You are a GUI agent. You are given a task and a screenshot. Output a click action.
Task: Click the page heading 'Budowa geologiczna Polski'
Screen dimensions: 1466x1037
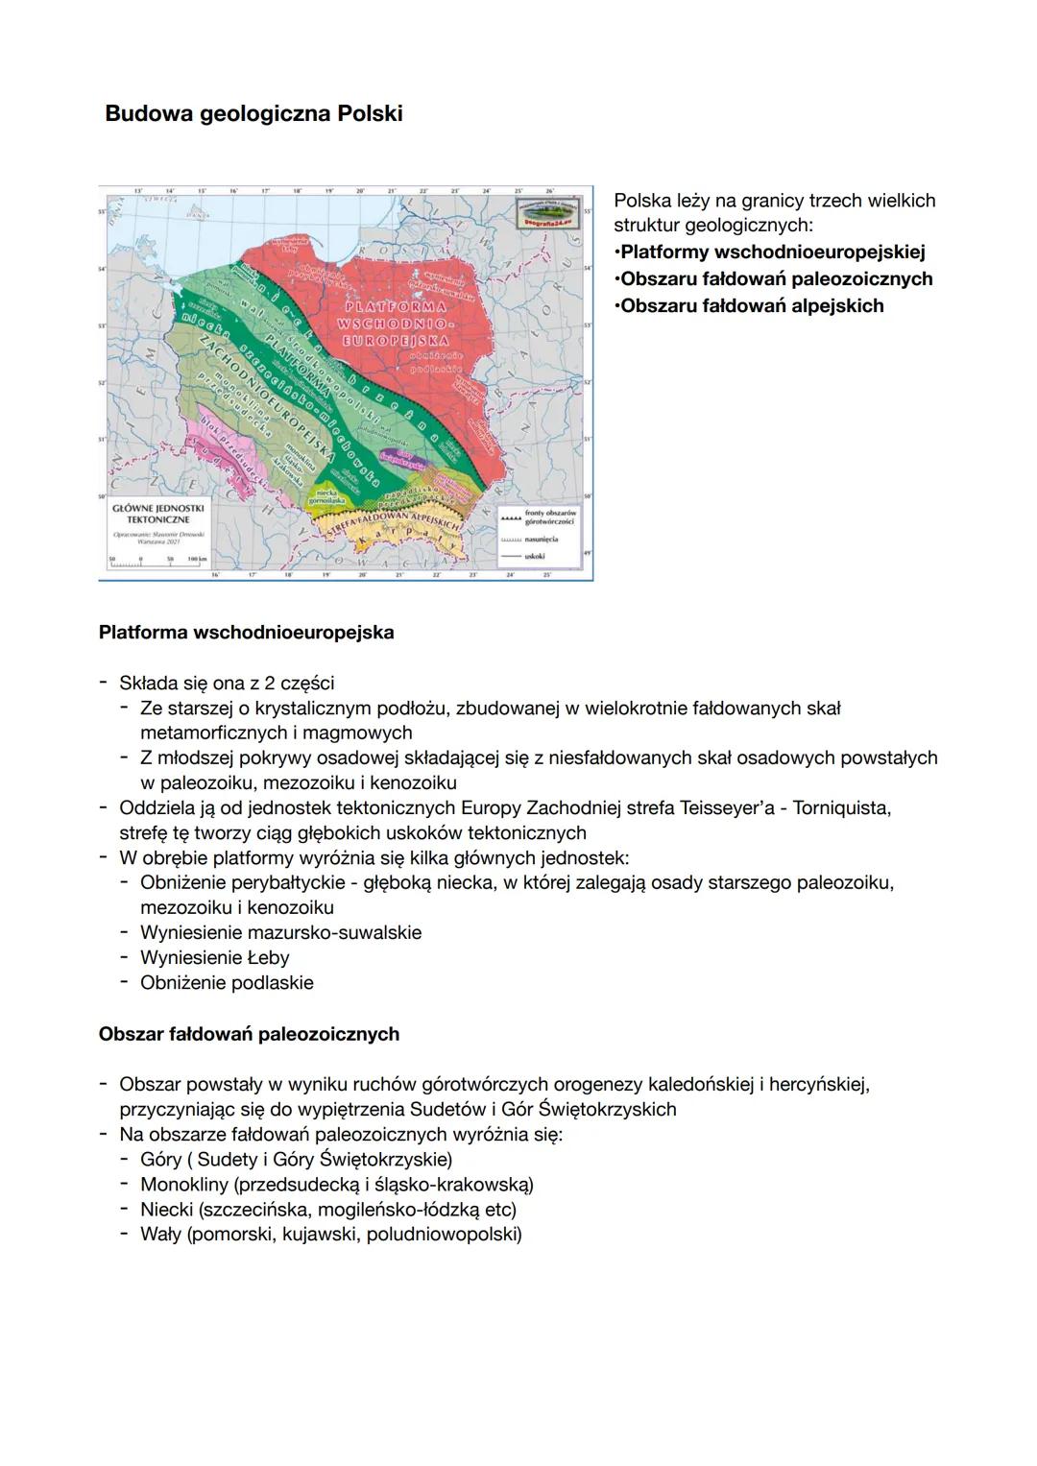[x=253, y=113]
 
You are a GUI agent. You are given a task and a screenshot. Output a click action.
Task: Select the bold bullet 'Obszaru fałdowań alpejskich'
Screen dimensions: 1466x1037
[x=752, y=305]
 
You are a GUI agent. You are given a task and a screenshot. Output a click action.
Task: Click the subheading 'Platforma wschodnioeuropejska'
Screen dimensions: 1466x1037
[x=246, y=633]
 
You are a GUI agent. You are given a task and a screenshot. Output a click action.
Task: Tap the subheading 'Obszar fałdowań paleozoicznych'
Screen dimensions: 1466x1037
[x=249, y=1034]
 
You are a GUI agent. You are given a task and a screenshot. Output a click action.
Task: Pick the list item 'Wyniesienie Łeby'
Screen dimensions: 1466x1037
[x=214, y=957]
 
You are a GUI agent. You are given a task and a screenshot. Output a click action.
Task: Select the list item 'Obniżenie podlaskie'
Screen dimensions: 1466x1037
[x=227, y=982]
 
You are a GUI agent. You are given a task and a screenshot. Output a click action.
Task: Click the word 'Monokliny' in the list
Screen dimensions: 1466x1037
[x=183, y=1184]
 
